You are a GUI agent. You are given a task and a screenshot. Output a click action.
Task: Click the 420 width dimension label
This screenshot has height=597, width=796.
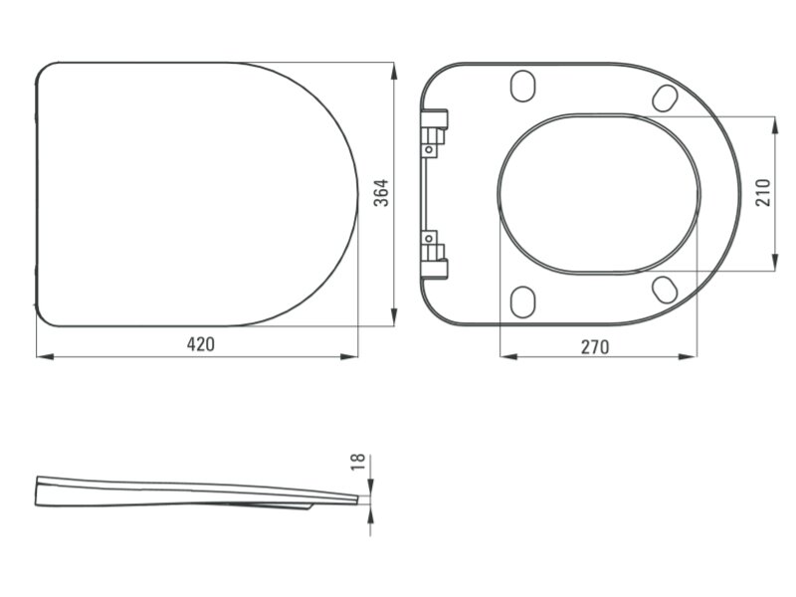[x=201, y=344]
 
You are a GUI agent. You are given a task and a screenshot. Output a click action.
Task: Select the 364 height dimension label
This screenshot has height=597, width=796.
[x=381, y=193]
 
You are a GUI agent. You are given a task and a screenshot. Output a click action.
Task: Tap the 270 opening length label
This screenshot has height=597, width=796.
[x=594, y=347]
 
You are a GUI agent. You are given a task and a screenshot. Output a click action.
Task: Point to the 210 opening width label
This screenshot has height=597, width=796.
[x=763, y=193]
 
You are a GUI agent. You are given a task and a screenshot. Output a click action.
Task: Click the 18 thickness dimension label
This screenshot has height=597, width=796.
[x=358, y=462]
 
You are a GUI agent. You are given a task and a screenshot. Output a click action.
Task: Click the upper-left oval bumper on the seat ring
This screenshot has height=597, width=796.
[x=522, y=86]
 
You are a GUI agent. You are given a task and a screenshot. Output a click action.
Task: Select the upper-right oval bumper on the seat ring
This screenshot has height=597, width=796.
[x=665, y=98]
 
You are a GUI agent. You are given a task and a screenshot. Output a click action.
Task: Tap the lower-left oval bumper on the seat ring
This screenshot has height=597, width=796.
[x=522, y=302]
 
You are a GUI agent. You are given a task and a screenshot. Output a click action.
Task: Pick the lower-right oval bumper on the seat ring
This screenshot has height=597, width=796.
[x=665, y=290]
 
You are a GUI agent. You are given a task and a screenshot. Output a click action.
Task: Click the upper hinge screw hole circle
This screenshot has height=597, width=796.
[x=429, y=150]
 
